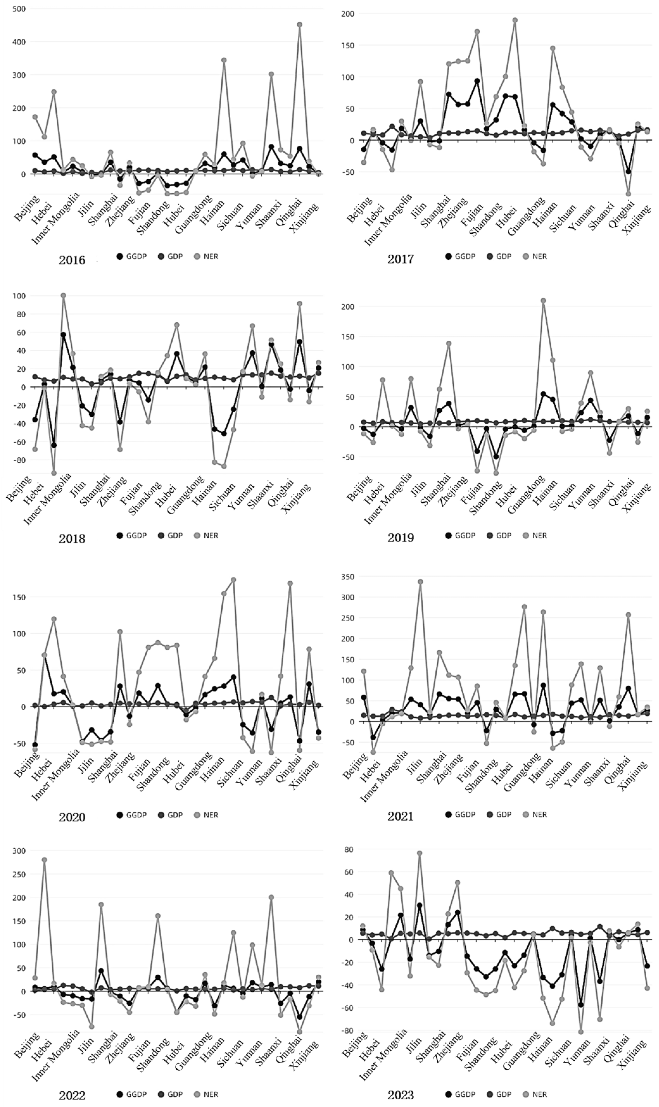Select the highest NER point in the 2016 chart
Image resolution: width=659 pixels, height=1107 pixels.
point(300,25)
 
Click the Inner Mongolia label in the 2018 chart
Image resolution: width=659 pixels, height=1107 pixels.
point(48,499)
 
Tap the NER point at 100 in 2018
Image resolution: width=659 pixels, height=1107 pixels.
point(64,295)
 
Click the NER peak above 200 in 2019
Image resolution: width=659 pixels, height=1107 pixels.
point(543,301)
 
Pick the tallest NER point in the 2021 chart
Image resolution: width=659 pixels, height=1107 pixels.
point(420,582)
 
